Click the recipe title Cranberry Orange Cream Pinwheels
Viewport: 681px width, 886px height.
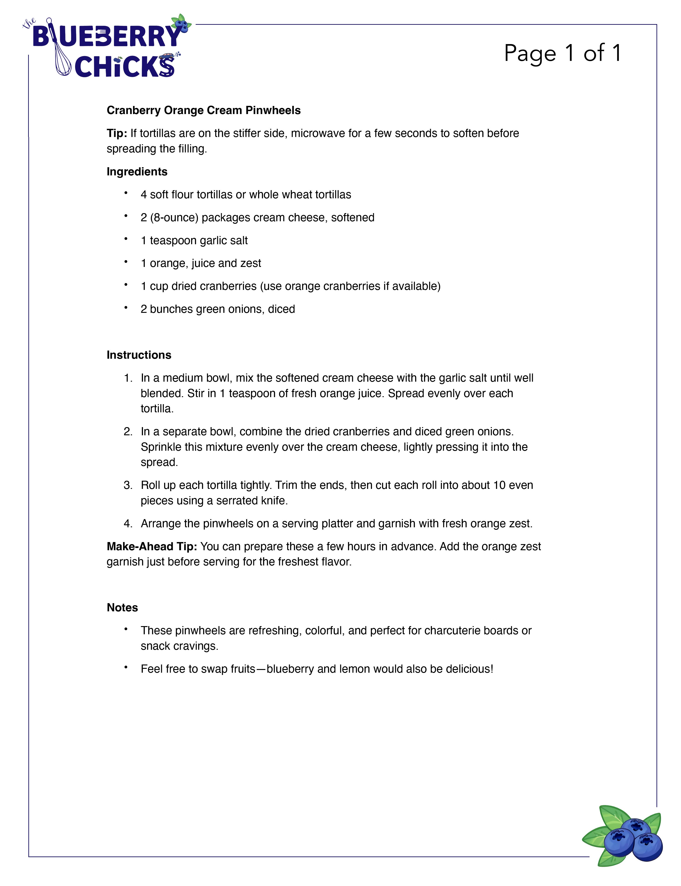pos(203,110)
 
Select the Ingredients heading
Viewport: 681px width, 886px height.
pos(137,172)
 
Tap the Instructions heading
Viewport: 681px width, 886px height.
pos(139,355)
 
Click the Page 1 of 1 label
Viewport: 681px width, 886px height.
pos(563,53)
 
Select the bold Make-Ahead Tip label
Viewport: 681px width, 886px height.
pos(152,546)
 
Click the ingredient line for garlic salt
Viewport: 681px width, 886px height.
pos(194,241)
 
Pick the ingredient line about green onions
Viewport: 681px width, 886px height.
pos(218,309)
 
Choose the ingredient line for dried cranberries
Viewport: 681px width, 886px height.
pos(290,286)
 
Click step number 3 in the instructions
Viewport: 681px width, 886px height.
pos(128,485)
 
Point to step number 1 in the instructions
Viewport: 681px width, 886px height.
pos(128,378)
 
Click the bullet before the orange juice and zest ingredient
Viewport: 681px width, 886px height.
pos(126,262)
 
